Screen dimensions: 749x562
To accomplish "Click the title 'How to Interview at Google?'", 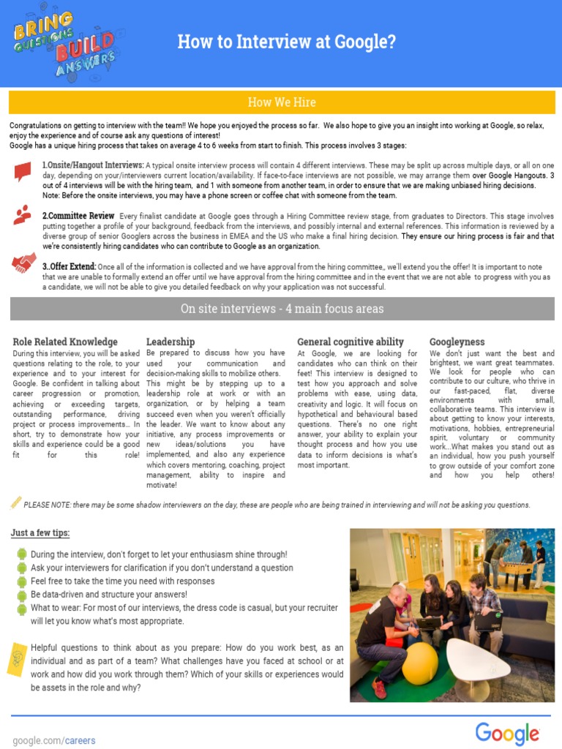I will tap(286, 42).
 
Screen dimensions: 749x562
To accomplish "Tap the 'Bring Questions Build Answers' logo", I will tap(64, 43).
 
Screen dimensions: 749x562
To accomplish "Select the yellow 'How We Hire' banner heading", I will tap(282, 102).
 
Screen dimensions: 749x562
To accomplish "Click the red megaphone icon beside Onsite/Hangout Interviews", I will tap(23, 172).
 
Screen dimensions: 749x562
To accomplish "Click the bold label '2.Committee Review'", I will tap(78, 216).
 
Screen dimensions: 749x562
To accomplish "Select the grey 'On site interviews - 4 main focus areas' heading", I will tap(282, 309).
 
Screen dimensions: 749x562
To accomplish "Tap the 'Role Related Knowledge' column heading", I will tap(65, 342).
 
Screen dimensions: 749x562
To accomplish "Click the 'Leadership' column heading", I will tap(171, 342).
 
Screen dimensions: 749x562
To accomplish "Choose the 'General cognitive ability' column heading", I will tap(351, 342).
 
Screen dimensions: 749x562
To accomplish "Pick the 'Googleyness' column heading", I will tap(457, 342).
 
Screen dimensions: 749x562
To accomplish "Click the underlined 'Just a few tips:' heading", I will tap(40, 532).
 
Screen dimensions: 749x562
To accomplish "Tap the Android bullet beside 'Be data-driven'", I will tap(21, 595).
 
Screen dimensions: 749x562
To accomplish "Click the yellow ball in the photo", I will tap(420, 663).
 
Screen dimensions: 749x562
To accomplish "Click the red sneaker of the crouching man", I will tap(379, 688).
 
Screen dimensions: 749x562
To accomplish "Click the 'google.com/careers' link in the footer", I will tap(54, 740).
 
